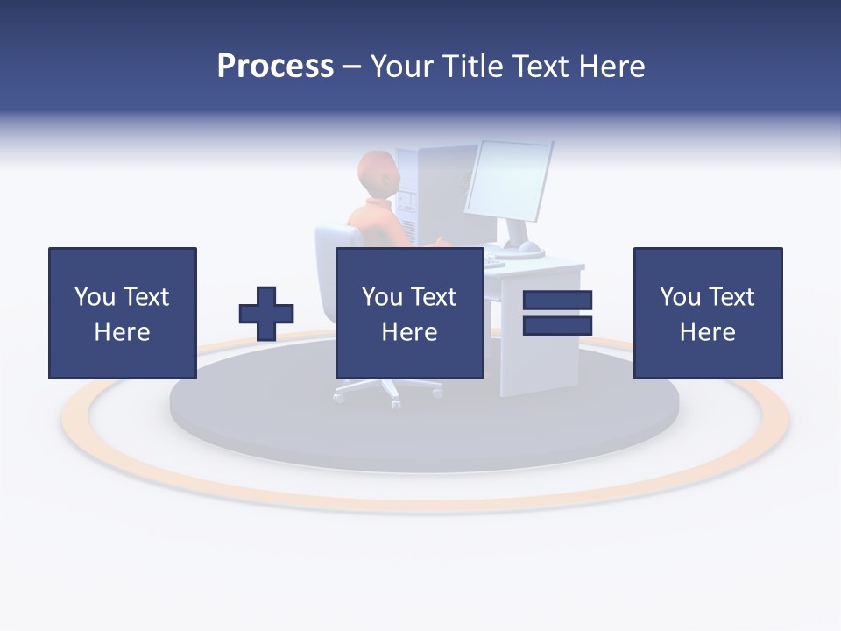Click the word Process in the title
click(275, 67)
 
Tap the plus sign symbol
click(266, 314)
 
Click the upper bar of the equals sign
click(557, 301)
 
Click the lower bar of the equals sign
click(557, 326)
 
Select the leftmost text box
click(122, 313)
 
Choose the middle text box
click(409, 313)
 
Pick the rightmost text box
click(707, 313)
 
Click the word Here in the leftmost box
click(122, 332)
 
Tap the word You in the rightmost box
click(680, 297)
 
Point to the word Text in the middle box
click(434, 297)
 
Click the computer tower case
click(420, 193)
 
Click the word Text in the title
click(537, 67)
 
